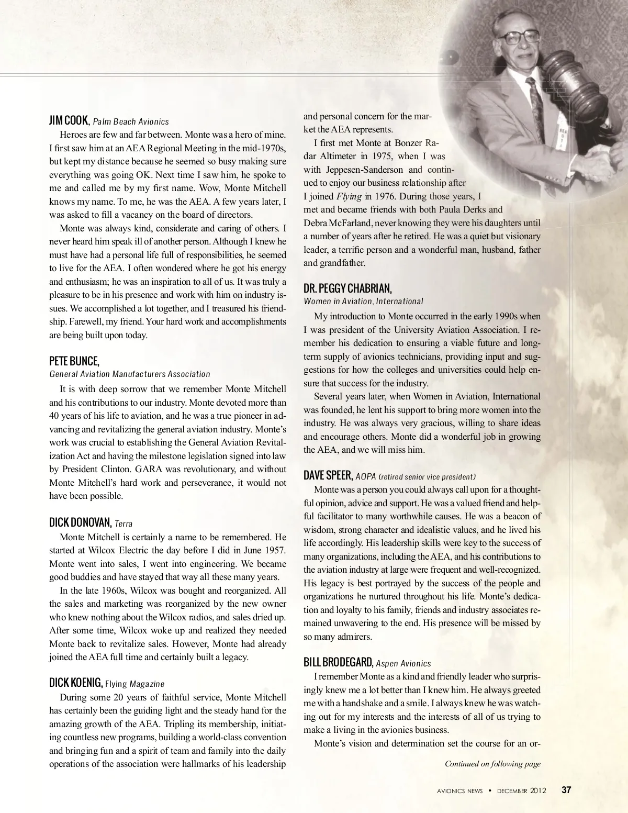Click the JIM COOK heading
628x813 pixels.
click(x=69, y=120)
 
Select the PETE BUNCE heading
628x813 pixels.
click(x=74, y=361)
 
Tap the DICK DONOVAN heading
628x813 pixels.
click(x=80, y=522)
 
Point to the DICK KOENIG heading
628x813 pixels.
click(x=76, y=683)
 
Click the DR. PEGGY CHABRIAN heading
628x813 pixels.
click(x=347, y=288)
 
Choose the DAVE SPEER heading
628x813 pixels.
click(x=328, y=475)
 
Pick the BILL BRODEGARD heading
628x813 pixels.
click(x=338, y=662)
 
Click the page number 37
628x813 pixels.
click(x=566, y=790)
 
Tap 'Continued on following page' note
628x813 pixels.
click(x=492, y=764)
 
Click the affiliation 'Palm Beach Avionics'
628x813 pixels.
click(x=131, y=121)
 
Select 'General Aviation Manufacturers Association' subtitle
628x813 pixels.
click(x=130, y=374)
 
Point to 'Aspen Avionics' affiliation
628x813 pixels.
click(x=403, y=663)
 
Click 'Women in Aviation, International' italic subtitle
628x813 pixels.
click(x=363, y=301)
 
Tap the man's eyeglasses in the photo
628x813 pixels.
click(x=518, y=37)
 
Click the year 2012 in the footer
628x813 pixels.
click(x=538, y=790)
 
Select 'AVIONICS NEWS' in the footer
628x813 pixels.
click(x=460, y=790)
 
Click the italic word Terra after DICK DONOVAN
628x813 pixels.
click(x=124, y=524)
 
